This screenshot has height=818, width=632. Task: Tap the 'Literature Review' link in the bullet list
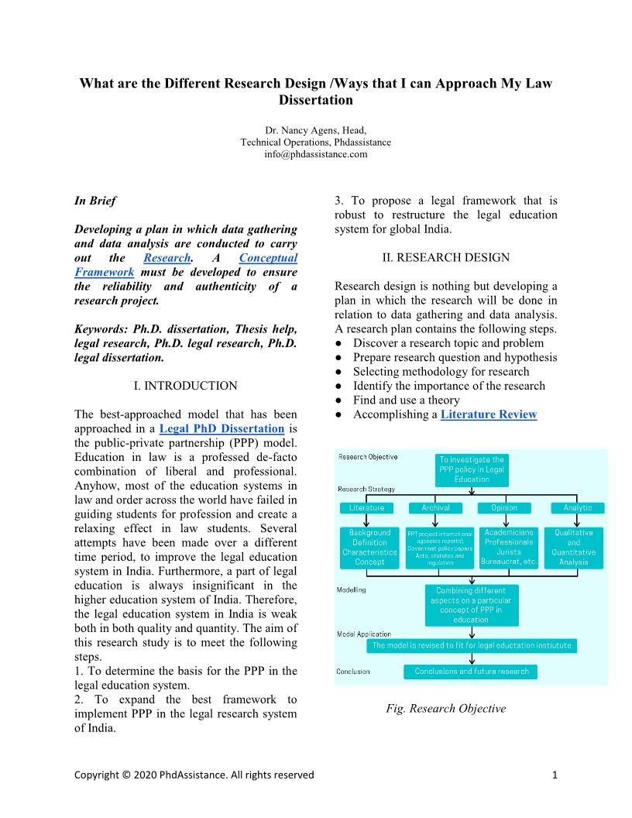point(488,414)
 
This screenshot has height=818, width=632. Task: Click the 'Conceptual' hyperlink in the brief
point(268,258)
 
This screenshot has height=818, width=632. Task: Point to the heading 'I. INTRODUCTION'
point(185,385)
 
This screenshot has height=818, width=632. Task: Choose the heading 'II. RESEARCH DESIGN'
point(445,257)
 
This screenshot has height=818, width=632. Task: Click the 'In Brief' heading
point(95,201)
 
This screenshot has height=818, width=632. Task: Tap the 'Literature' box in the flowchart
point(366,508)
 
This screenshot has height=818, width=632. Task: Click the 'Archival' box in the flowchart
point(435,508)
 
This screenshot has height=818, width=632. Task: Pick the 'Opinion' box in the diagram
point(504,508)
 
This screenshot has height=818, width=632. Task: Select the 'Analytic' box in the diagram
point(577,508)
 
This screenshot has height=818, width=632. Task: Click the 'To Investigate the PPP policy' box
point(472,469)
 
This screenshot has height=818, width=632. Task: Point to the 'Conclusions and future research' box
point(472,672)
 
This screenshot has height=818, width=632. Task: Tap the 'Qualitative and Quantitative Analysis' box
point(573,547)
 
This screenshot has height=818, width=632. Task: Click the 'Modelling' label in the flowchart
point(351,589)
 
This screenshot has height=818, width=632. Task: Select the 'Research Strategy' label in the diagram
point(366,489)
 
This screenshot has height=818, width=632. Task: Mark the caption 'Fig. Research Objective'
point(445,709)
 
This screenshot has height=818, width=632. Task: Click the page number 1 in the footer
point(555,775)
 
